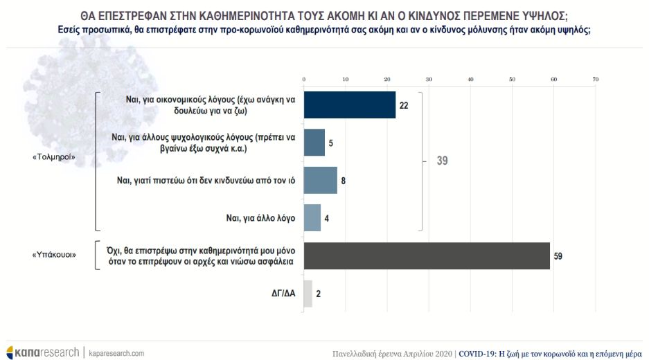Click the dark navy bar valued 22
tap(350, 105)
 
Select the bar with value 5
tap(314, 143)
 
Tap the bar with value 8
tap(321, 180)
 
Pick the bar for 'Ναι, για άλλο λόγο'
tap(312, 217)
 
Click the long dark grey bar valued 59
tap(427, 255)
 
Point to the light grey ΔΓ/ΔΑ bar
tap(308, 293)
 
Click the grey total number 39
tap(443, 161)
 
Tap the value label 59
tap(558, 256)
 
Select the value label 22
tap(404, 106)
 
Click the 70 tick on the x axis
tap(595, 80)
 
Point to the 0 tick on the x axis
tap(304, 80)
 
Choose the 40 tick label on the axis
tap(471, 80)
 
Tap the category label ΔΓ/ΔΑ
tap(283, 294)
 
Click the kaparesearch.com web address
tap(116, 352)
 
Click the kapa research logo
tap(43, 352)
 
